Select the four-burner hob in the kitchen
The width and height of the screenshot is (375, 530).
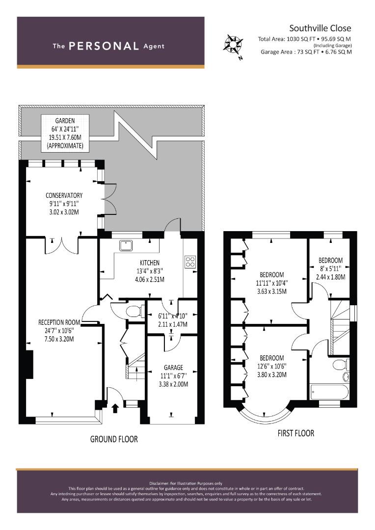190,262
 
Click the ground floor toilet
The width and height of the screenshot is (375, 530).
134,311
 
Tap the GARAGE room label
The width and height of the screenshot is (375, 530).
173,368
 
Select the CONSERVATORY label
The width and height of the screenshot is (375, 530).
64,195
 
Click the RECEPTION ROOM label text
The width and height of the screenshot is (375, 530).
59,322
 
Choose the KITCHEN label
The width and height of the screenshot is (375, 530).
149,263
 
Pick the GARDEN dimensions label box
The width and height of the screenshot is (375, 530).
65,133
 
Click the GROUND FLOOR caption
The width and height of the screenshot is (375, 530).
114,439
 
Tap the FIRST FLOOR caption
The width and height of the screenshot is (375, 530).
296,433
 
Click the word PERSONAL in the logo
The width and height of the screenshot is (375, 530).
104,46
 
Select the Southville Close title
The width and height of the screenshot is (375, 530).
320,28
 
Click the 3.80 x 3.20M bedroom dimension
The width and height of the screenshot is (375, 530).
272,374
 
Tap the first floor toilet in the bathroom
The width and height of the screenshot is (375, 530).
340,365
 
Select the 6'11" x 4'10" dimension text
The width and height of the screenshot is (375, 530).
172,316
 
